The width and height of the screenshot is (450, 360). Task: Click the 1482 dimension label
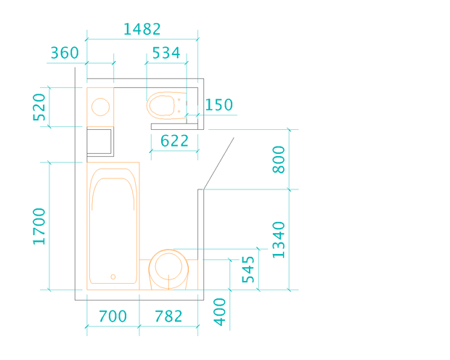(142, 29)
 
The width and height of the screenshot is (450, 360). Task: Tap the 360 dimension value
(65, 53)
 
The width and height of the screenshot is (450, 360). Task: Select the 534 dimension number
(166, 53)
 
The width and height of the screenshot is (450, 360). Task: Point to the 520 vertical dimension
(39, 107)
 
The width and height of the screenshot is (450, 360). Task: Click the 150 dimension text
(218, 105)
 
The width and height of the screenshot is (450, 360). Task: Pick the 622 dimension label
(174, 141)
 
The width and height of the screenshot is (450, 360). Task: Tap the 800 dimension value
(279, 160)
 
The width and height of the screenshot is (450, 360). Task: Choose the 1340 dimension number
(279, 240)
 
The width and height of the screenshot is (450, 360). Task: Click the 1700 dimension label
(39, 226)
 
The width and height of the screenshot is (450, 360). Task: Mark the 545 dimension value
(248, 269)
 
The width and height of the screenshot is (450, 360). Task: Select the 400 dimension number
(220, 312)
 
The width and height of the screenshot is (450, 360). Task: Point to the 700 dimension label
(112, 316)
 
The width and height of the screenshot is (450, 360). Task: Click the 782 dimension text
(168, 316)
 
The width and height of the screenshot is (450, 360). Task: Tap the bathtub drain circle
(113, 277)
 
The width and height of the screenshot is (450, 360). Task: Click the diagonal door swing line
(218, 163)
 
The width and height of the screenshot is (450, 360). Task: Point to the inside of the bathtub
(112, 229)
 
